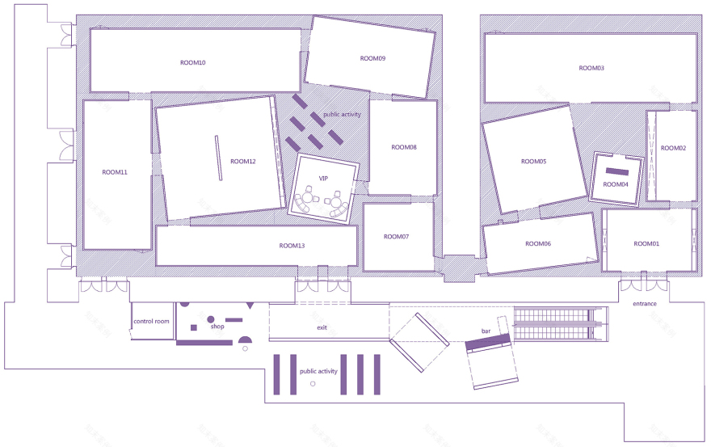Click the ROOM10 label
(192, 62)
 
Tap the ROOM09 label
(372, 58)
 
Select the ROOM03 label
(591, 68)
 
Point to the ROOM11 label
(115, 172)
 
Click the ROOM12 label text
(242, 162)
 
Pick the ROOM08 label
(404, 147)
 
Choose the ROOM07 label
(397, 237)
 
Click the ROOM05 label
(533, 162)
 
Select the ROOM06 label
(538, 243)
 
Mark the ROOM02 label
(673, 148)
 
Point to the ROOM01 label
(646, 243)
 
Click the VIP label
(323, 178)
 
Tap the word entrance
(645, 304)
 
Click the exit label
(322, 327)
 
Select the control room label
(152, 322)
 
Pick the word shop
(217, 327)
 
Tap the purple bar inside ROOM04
(618, 171)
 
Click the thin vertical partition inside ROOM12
(217, 158)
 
